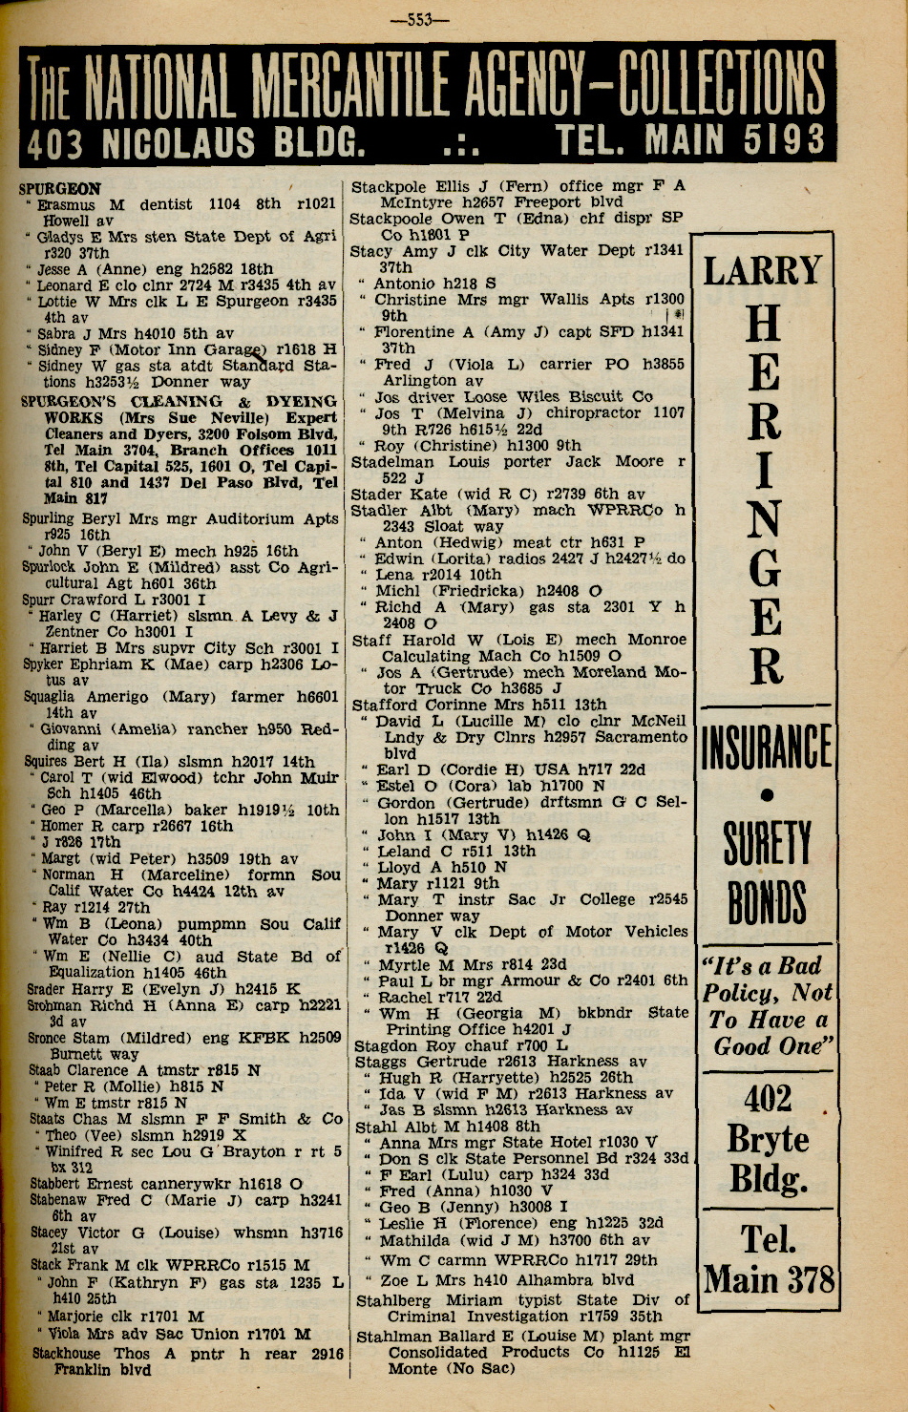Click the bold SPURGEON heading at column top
[59, 188]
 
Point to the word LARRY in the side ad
[763, 270]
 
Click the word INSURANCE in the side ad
[767, 747]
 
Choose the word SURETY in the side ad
[767, 844]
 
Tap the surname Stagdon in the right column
[387, 1045]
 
